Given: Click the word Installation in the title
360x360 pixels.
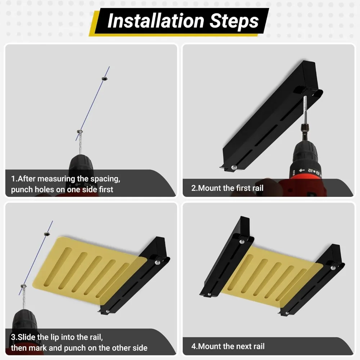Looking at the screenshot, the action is coord(156,21).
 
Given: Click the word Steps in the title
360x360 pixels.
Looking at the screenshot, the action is coord(234,21).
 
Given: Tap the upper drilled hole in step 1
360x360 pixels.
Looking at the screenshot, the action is coord(105,79).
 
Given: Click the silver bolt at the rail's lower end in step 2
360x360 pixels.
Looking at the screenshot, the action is coord(234,167).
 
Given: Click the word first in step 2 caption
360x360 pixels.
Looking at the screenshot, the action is coord(244,188).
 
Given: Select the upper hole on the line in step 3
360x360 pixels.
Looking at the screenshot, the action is coord(47,234).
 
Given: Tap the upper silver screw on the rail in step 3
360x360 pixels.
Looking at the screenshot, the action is coord(157,262).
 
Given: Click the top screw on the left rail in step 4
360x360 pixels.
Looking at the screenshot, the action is coord(242,242).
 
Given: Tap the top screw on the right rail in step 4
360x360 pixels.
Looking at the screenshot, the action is coord(333,268).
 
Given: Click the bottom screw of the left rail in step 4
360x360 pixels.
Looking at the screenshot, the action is coord(209,294).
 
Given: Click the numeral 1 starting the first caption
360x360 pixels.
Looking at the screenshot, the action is coord(13,179).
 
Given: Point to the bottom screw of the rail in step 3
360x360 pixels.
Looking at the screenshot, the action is coord(108,311).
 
